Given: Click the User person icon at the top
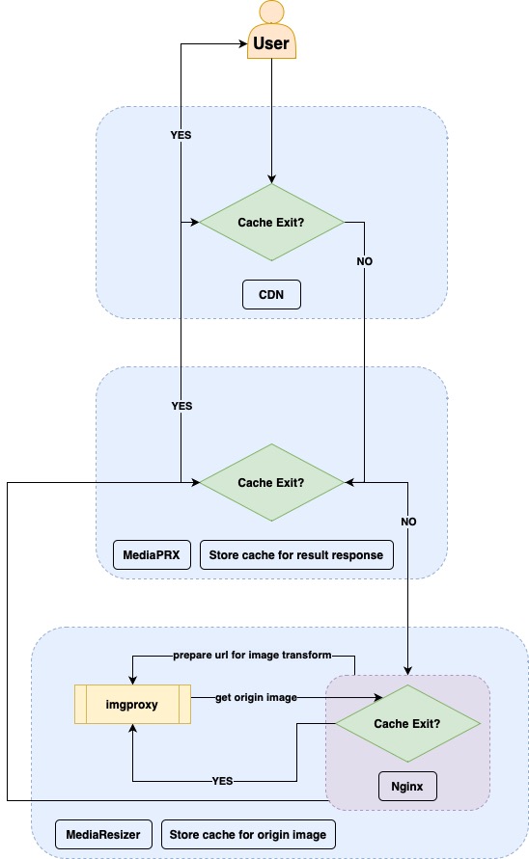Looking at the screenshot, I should coord(271,31).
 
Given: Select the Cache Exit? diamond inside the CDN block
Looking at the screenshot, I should coord(271,223).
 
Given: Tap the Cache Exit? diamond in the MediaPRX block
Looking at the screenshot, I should coord(271,482).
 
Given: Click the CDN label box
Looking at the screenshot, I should coord(271,295).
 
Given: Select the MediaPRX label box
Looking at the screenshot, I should coord(152,554).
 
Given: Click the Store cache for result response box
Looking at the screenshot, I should coord(295,554).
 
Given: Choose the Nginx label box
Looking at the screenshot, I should coord(406,787).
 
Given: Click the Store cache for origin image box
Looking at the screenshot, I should coord(248,834).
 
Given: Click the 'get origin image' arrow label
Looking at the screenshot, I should coord(255,696).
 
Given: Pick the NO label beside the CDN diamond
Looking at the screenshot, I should coord(364,261).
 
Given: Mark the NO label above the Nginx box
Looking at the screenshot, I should coord(406,522).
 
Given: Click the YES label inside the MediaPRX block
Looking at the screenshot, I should coord(181,406).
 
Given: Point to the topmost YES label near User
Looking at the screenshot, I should coord(181,135).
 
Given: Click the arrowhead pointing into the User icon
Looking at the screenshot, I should coord(242,43).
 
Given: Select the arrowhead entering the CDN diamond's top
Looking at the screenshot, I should coord(271,178).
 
